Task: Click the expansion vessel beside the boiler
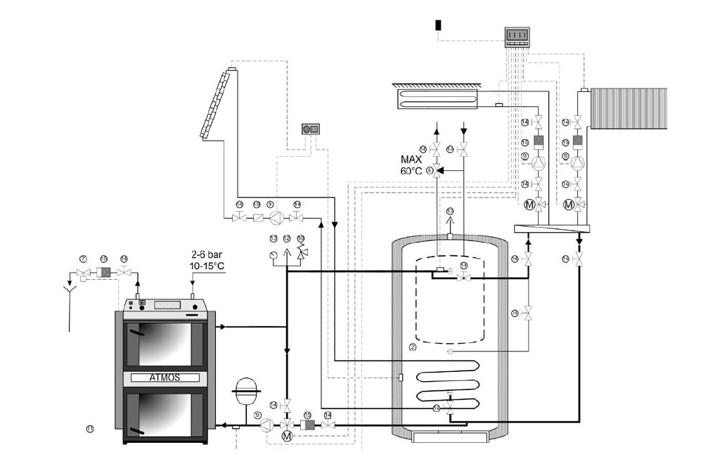pos(246,391)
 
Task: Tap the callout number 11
pos(90,428)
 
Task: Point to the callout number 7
pos(82,259)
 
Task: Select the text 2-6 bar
pos(205,253)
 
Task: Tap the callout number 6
pos(429,170)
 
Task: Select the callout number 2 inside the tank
pos(413,346)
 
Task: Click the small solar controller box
pos(310,129)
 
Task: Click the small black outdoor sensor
pos(438,25)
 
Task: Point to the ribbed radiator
pos(628,108)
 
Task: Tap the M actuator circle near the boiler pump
pos(287,437)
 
